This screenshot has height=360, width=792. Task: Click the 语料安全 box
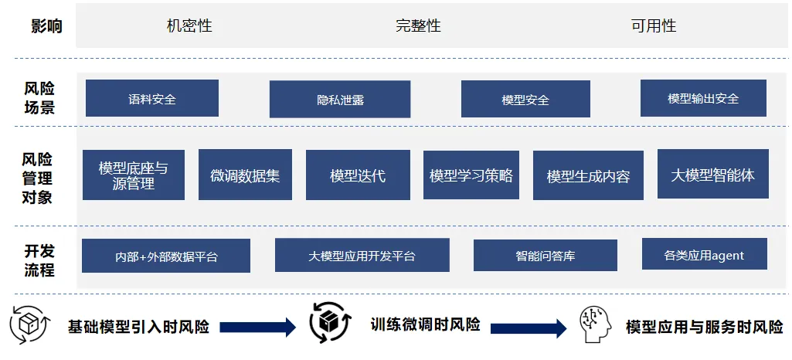click(152, 99)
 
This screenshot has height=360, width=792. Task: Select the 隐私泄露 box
click(340, 100)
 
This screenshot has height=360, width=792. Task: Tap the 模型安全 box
click(525, 100)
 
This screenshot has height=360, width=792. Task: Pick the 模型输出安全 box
click(703, 98)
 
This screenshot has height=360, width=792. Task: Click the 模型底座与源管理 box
click(134, 175)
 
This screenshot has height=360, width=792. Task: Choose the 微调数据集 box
click(245, 175)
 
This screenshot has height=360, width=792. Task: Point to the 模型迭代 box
click(357, 175)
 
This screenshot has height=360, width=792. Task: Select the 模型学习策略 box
click(471, 175)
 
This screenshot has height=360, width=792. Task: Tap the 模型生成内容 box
click(588, 176)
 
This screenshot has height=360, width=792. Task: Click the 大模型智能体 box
click(712, 175)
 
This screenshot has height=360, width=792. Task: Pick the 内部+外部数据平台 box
click(166, 256)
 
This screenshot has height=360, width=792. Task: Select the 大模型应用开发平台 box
click(362, 255)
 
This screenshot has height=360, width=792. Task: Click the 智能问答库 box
click(545, 255)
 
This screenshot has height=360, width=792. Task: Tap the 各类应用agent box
click(704, 254)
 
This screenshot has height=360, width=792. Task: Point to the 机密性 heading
click(189, 25)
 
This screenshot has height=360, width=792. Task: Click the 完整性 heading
click(418, 25)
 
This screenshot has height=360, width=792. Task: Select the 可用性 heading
click(653, 25)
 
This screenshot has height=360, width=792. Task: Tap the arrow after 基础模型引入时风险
click(258, 327)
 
